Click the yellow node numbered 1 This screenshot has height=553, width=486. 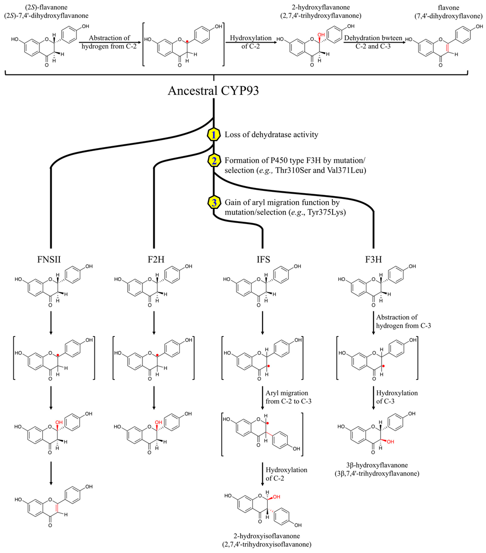click(x=214, y=134)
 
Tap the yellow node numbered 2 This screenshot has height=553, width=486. click(x=214, y=160)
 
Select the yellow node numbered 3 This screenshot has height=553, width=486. click(x=214, y=203)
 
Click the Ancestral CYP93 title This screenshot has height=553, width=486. click(x=214, y=92)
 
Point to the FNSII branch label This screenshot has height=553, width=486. click(x=51, y=259)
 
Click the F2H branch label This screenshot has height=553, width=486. click(x=154, y=259)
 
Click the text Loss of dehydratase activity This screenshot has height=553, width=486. click(x=272, y=134)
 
